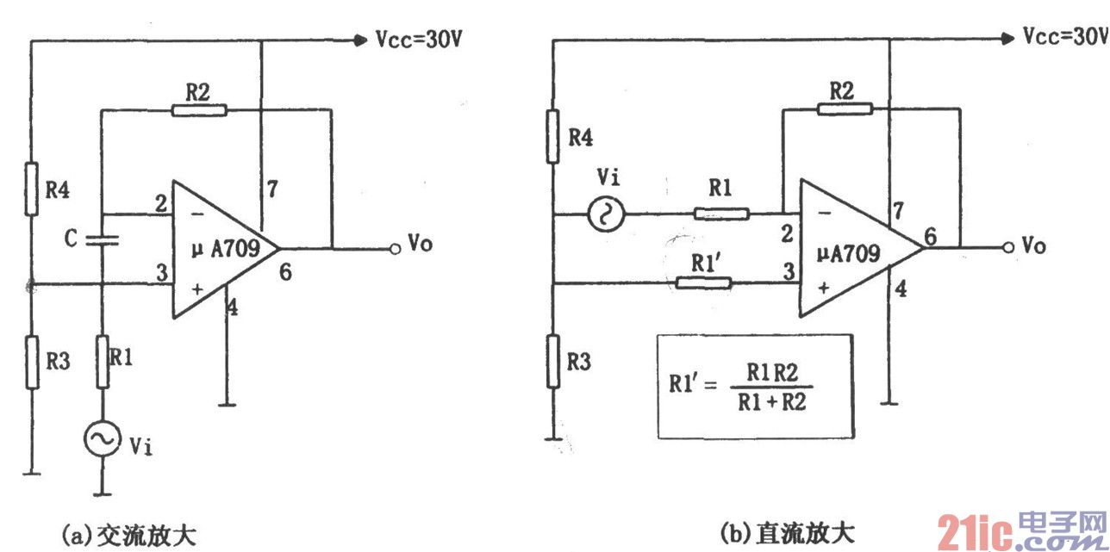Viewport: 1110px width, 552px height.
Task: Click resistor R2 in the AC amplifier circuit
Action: click(x=199, y=109)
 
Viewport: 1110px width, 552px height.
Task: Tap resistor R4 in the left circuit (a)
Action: click(x=31, y=189)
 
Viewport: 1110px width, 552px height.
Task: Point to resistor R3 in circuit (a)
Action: click(x=31, y=363)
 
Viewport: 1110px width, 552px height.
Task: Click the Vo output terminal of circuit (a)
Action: click(x=394, y=249)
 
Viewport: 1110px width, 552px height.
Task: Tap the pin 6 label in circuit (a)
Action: click(x=285, y=272)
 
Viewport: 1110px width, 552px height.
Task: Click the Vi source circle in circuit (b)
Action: click(x=601, y=214)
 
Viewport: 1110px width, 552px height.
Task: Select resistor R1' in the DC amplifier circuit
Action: click(x=704, y=282)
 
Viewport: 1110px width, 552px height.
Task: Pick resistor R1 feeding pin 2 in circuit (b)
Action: click(x=720, y=214)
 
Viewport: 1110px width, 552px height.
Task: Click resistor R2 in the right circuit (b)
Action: click(x=845, y=109)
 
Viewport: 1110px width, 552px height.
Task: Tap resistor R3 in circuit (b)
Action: click(x=553, y=363)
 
